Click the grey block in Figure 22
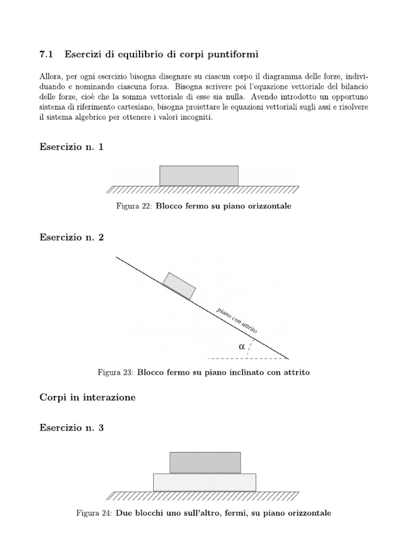coord(199,175)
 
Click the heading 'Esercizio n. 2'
coord(71,237)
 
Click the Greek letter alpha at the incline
coord(242,346)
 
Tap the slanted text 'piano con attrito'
coord(236,320)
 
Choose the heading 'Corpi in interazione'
coord(87,397)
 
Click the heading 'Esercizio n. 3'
coord(71,428)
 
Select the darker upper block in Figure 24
coord(205,462)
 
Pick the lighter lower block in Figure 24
coord(205,482)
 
